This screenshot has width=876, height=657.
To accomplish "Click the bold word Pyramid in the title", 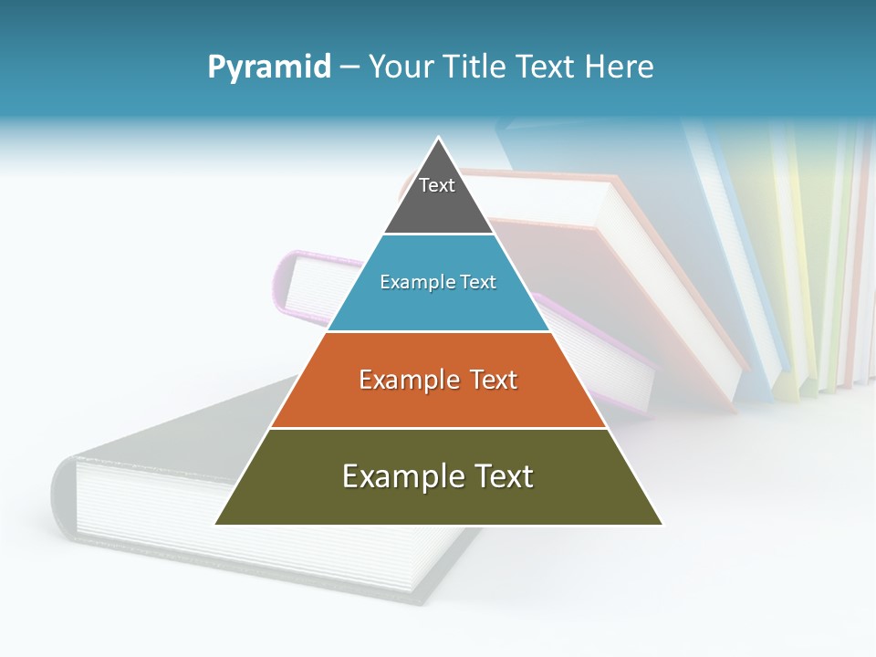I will point(268,68).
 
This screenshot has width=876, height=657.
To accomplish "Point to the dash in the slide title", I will point(349,68).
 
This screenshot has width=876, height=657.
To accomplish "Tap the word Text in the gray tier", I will point(437,185).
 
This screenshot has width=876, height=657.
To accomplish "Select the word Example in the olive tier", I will point(401,476).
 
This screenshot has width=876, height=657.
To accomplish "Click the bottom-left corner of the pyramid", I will point(216,524).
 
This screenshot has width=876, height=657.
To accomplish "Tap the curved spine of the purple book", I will point(282,283).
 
